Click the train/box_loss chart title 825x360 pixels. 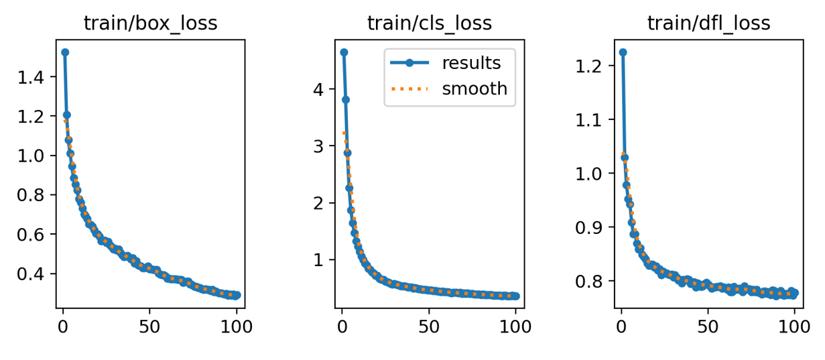[x=151, y=23]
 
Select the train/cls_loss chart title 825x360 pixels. [x=430, y=23]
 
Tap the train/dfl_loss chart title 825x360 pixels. [x=708, y=23]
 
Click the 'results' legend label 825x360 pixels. [x=471, y=63]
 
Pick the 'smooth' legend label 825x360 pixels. [x=474, y=88]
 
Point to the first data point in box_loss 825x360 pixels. [x=65, y=52]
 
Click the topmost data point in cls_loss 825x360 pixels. [x=344, y=52]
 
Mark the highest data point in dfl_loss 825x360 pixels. [x=623, y=52]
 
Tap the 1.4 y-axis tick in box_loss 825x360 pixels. [x=31, y=77]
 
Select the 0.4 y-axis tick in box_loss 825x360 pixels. [x=31, y=274]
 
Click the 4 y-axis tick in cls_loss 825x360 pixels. [x=318, y=90]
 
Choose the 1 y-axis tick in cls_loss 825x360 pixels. [x=318, y=260]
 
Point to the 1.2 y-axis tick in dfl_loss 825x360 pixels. [x=588, y=66]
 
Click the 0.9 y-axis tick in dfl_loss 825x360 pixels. [x=588, y=227]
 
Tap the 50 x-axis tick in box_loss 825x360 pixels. [x=149, y=327]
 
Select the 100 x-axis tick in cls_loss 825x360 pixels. [x=515, y=327]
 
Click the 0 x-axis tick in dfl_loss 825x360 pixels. [x=621, y=327]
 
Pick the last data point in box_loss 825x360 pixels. [x=237, y=295]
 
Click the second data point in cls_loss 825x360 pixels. [x=345, y=100]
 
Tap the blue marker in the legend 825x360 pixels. [x=409, y=63]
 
